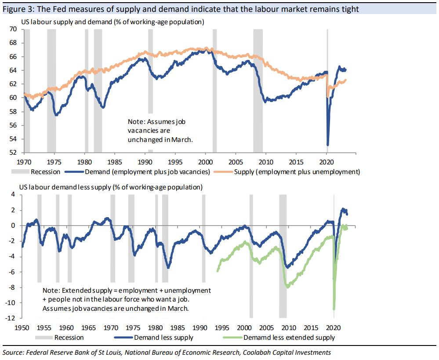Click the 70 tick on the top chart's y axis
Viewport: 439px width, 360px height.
click(14, 29)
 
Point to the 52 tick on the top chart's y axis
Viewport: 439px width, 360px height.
click(14, 153)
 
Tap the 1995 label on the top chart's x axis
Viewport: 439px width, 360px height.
click(175, 161)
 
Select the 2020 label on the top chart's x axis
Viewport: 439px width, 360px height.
click(327, 161)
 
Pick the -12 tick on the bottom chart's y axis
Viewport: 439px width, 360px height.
click(11, 318)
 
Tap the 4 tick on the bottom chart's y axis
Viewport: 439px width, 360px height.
click(13, 195)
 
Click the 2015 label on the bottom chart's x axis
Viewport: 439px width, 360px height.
click(311, 327)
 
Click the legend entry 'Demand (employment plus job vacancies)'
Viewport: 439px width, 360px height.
click(145, 171)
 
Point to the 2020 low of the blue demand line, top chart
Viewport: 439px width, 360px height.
click(328, 145)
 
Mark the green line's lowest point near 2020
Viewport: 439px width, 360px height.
click(334, 309)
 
